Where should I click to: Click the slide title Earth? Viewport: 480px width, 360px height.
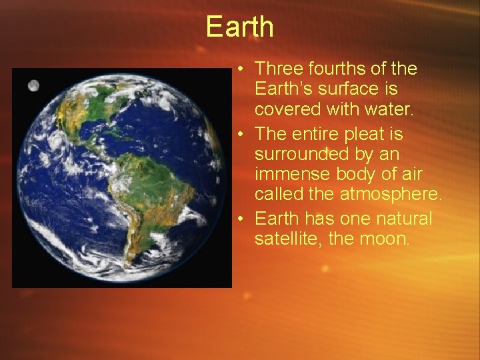point(240,27)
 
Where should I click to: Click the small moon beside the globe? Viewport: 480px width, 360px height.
point(34,85)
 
